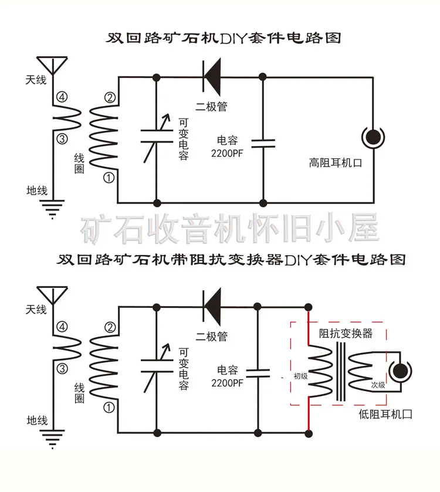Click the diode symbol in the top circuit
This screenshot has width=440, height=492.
(211, 77)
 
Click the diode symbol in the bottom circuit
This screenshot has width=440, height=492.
(211, 306)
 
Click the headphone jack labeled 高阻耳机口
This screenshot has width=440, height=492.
(373, 138)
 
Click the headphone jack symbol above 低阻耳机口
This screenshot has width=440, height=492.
(402, 371)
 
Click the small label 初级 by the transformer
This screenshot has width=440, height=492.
(300, 376)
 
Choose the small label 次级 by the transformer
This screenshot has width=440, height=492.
(378, 385)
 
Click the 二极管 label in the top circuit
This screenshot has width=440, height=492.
(211, 107)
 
